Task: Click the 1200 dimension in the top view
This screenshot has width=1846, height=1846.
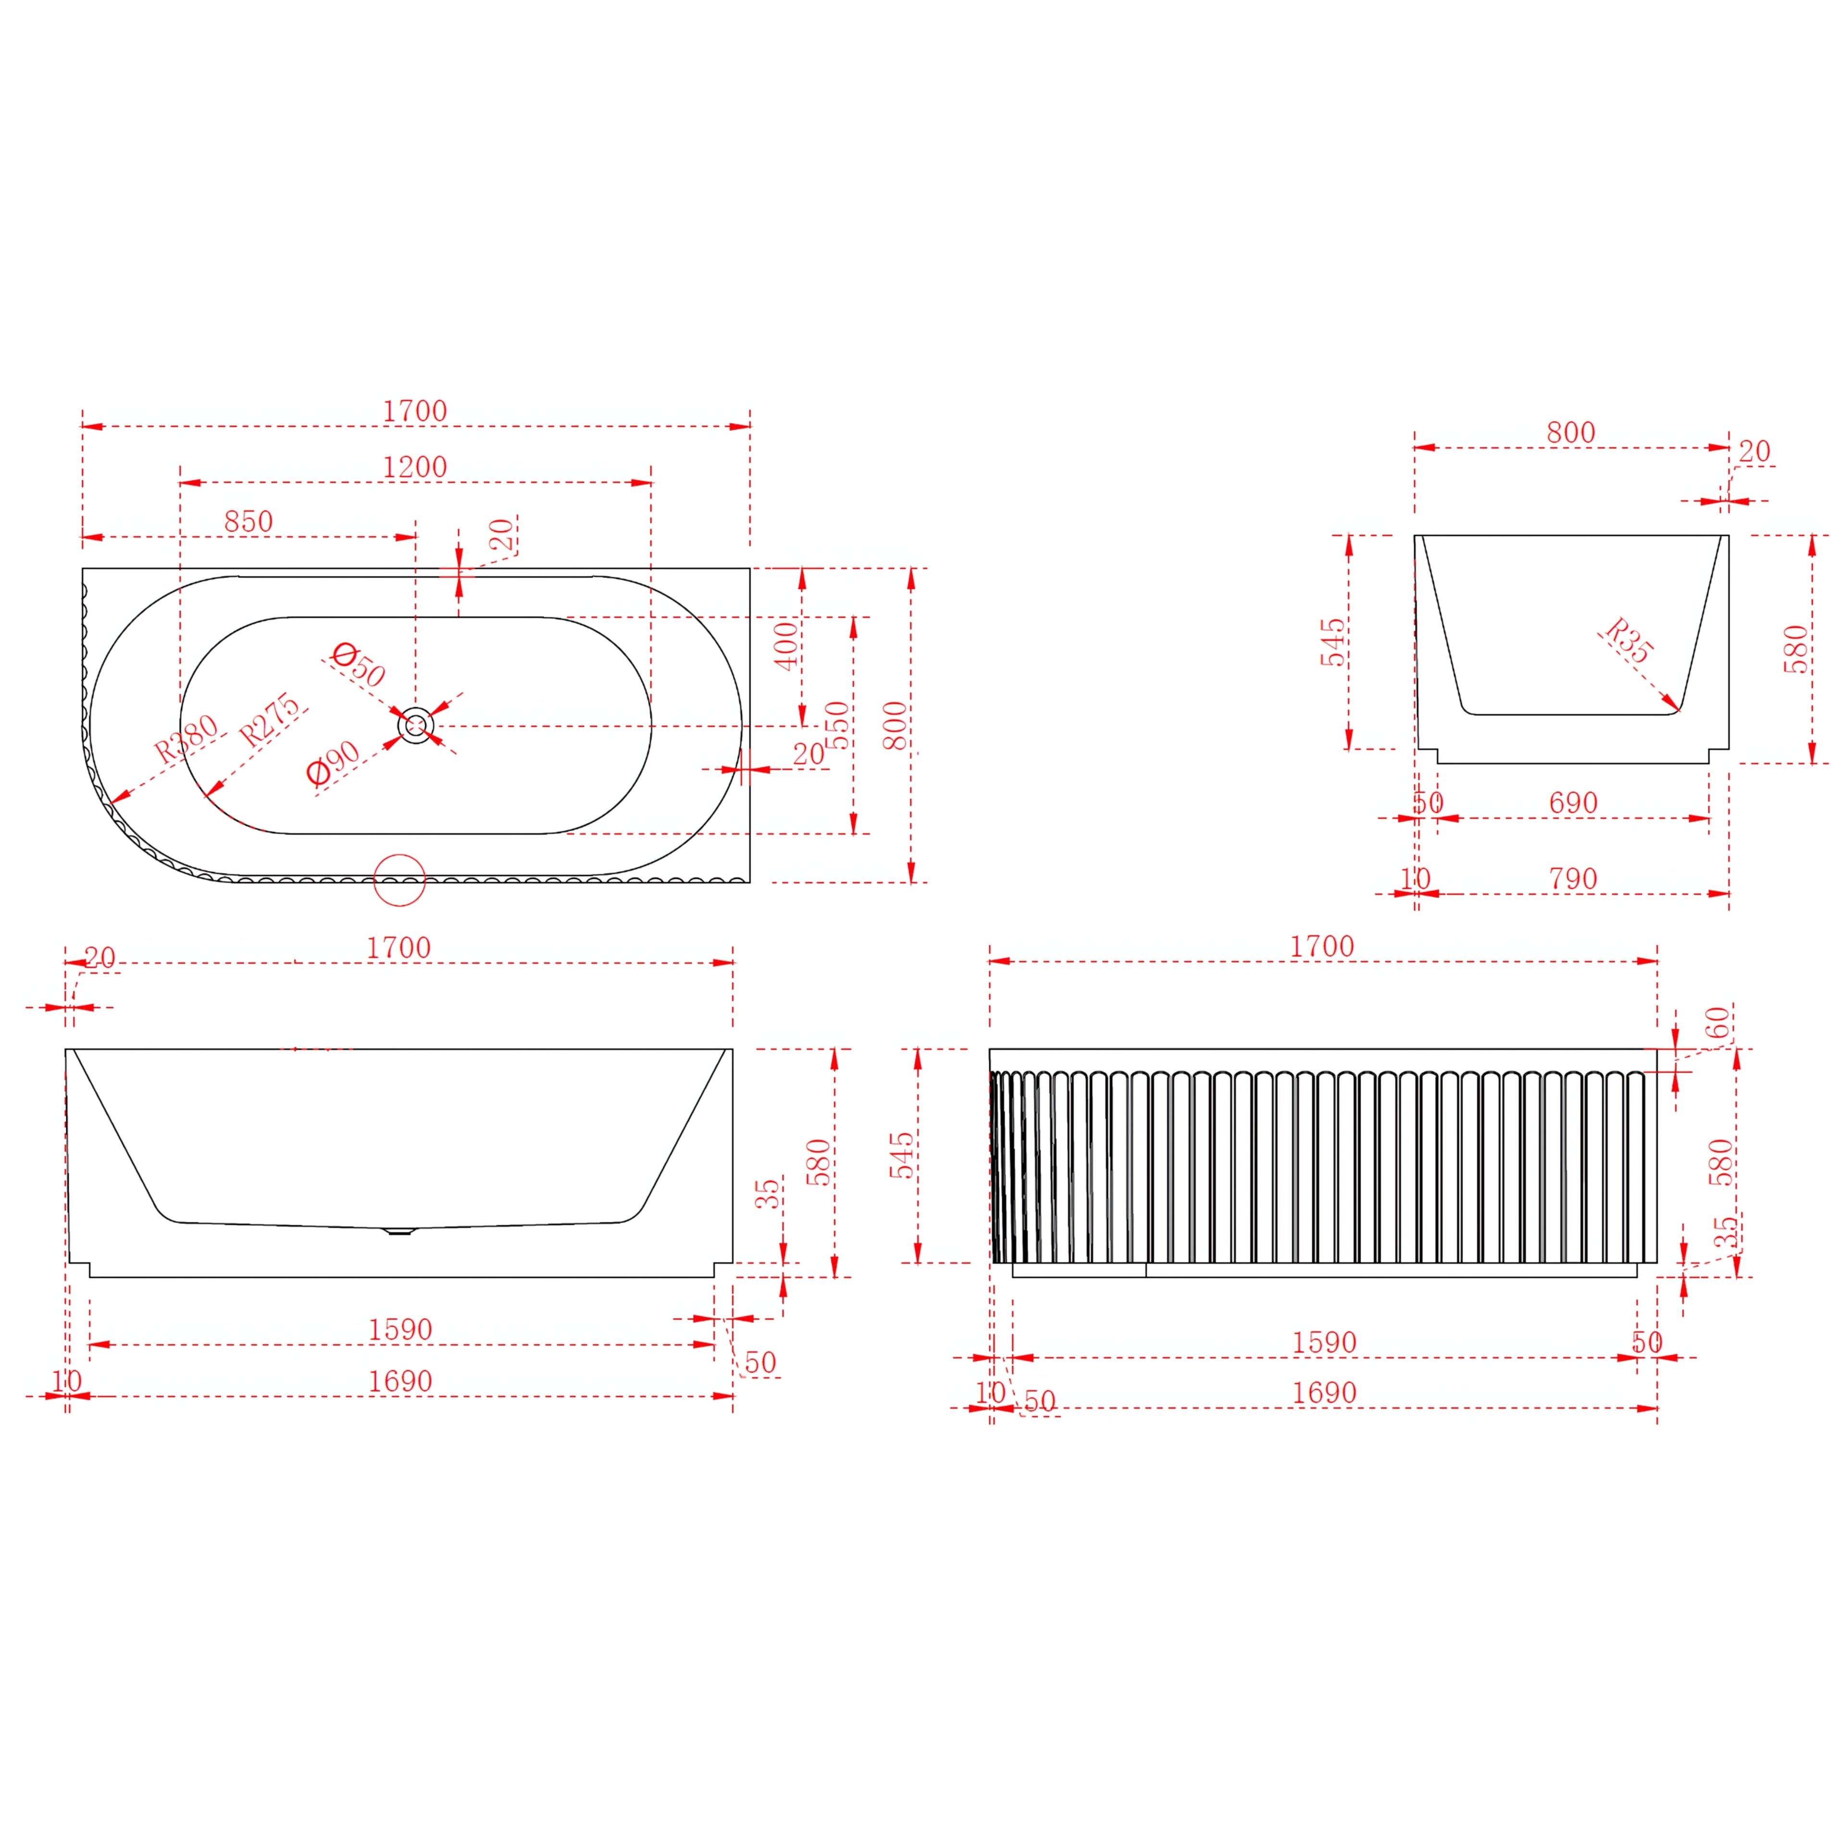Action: click(415, 467)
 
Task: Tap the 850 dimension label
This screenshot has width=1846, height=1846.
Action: click(249, 522)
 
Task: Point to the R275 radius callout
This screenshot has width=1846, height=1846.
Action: click(269, 721)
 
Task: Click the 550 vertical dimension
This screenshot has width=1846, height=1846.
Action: click(837, 725)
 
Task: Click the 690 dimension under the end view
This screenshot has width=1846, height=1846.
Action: click(1573, 803)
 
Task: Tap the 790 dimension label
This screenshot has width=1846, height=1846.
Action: click(1573, 879)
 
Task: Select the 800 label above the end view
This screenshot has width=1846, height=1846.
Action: click(1571, 433)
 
